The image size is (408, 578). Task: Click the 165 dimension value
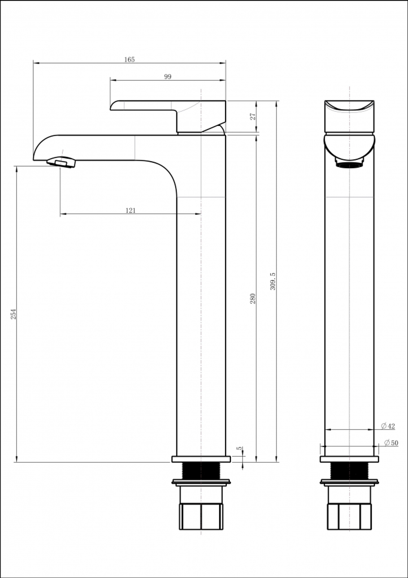coord(129,60)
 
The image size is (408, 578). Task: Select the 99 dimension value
coord(168,77)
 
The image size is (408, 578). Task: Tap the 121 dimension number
coord(131,211)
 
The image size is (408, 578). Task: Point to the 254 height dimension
coord(13,314)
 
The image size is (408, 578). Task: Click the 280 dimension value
coord(253,298)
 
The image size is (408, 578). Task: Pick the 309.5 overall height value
coord(273,282)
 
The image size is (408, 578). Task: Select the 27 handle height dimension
coord(253,116)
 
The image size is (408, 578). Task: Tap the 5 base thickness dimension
coord(240,449)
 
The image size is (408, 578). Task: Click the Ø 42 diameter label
coord(388,426)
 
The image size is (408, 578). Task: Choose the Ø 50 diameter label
coord(391,443)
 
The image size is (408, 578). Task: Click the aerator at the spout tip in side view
coord(62,162)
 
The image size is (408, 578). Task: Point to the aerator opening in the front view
coord(349,165)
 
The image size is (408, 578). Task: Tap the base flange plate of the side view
coord(201,459)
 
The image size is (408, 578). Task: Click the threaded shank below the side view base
coord(201,470)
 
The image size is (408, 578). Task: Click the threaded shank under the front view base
coord(349,470)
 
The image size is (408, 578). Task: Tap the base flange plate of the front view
coord(349,459)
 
